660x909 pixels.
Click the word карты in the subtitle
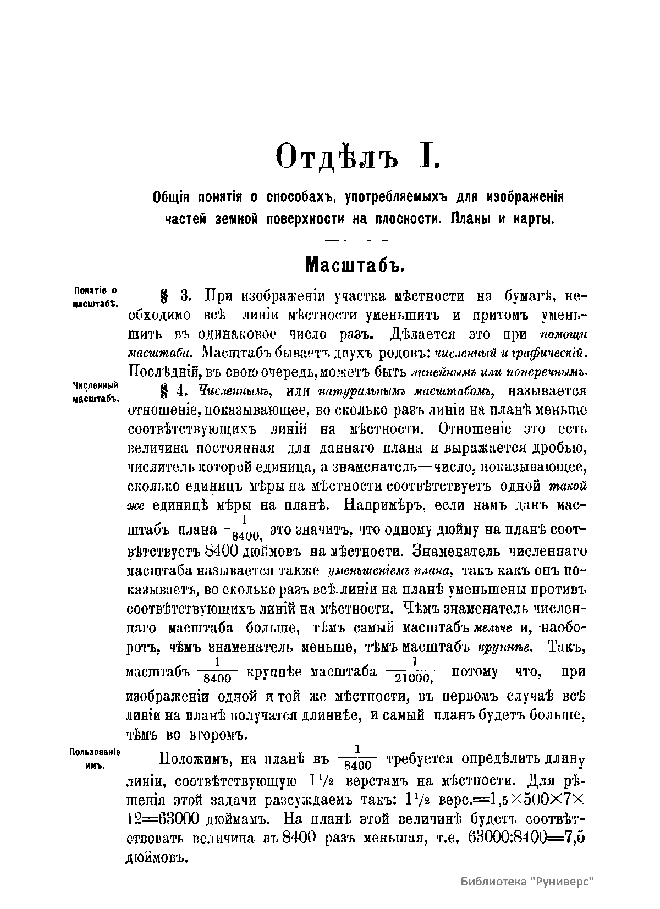coord(533,218)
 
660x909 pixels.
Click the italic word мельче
coord(493,627)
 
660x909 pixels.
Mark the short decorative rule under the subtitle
coord(357,241)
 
